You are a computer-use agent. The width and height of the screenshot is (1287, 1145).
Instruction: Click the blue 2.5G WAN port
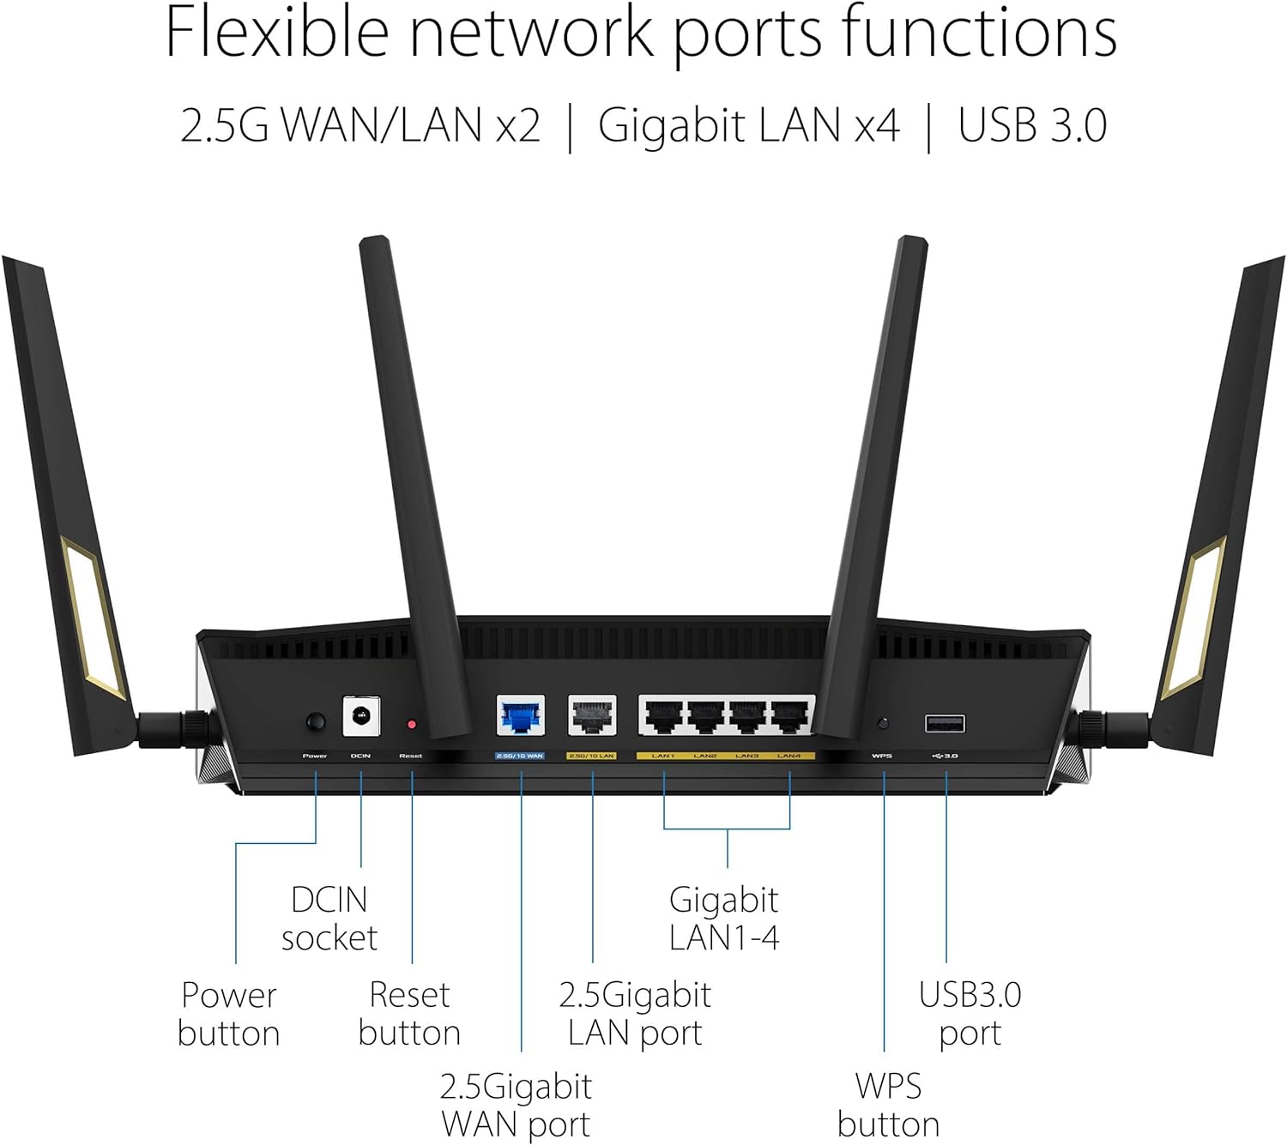(521, 716)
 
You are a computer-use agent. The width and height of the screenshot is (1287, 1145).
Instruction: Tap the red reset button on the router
(412, 725)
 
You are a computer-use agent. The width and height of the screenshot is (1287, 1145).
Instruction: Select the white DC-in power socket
(361, 716)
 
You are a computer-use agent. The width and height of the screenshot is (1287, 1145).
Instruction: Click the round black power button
(316, 721)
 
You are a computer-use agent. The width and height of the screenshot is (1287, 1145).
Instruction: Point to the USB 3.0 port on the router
(945, 724)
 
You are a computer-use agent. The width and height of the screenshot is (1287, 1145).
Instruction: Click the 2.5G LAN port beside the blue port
(592, 716)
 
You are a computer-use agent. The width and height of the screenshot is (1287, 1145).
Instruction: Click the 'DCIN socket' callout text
(329, 919)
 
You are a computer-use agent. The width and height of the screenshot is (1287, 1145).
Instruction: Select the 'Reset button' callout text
(409, 1014)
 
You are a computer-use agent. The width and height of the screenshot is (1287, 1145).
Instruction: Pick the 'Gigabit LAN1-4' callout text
(724, 919)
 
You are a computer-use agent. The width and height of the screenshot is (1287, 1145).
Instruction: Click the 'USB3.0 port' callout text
(970, 1014)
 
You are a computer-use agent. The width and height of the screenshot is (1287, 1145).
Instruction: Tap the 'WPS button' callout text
(888, 1105)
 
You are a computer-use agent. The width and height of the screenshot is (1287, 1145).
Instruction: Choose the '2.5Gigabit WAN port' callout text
(516, 1105)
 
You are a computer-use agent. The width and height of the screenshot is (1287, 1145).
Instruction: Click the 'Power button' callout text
(229, 1014)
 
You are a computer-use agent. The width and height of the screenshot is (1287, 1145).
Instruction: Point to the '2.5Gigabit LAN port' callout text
(635, 1014)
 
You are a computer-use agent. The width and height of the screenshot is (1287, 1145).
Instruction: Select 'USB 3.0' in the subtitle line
(1032, 125)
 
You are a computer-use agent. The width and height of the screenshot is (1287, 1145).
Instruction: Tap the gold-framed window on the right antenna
(1193, 616)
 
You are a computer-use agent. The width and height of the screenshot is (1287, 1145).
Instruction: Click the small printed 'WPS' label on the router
(882, 756)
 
